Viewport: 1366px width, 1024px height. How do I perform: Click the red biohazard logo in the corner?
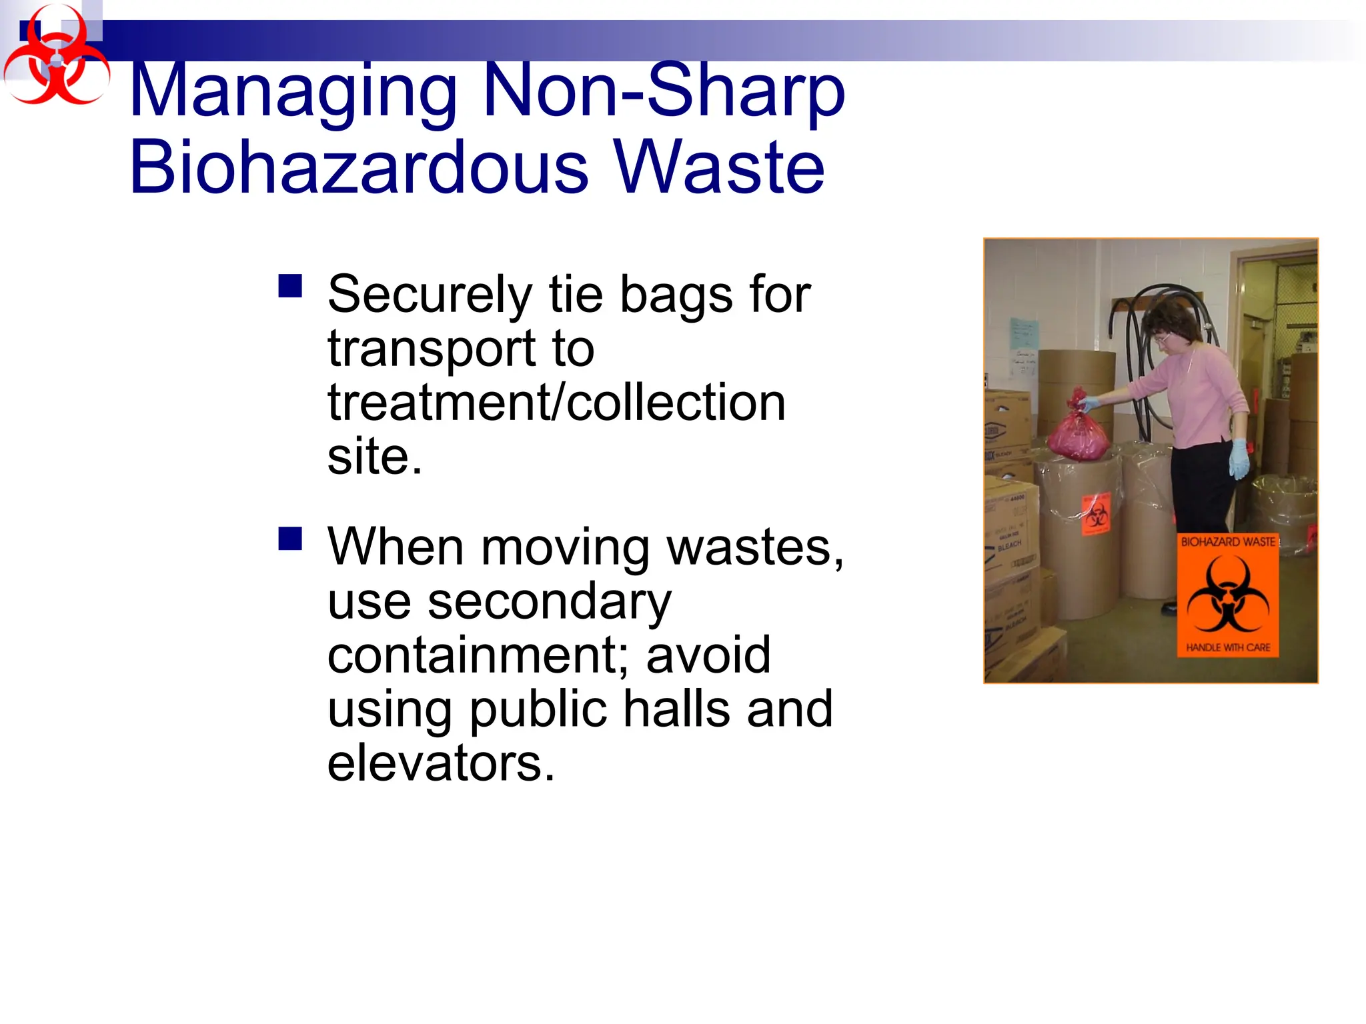point(56,56)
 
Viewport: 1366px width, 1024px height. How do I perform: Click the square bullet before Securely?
point(290,286)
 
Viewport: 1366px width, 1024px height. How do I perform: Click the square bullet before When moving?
point(290,538)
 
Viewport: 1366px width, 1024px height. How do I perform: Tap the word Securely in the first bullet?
point(430,294)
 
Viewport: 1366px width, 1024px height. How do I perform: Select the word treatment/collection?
point(556,403)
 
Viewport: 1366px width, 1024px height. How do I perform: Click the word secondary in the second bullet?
point(549,601)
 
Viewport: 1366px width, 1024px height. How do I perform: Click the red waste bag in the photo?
point(1078,433)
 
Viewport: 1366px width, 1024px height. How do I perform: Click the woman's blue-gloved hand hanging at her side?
point(1239,458)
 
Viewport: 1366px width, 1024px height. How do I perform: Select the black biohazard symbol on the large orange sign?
point(1227,594)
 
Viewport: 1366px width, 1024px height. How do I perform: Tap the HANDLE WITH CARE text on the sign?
point(1227,647)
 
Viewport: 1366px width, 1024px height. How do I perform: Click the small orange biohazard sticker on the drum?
point(1096,513)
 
